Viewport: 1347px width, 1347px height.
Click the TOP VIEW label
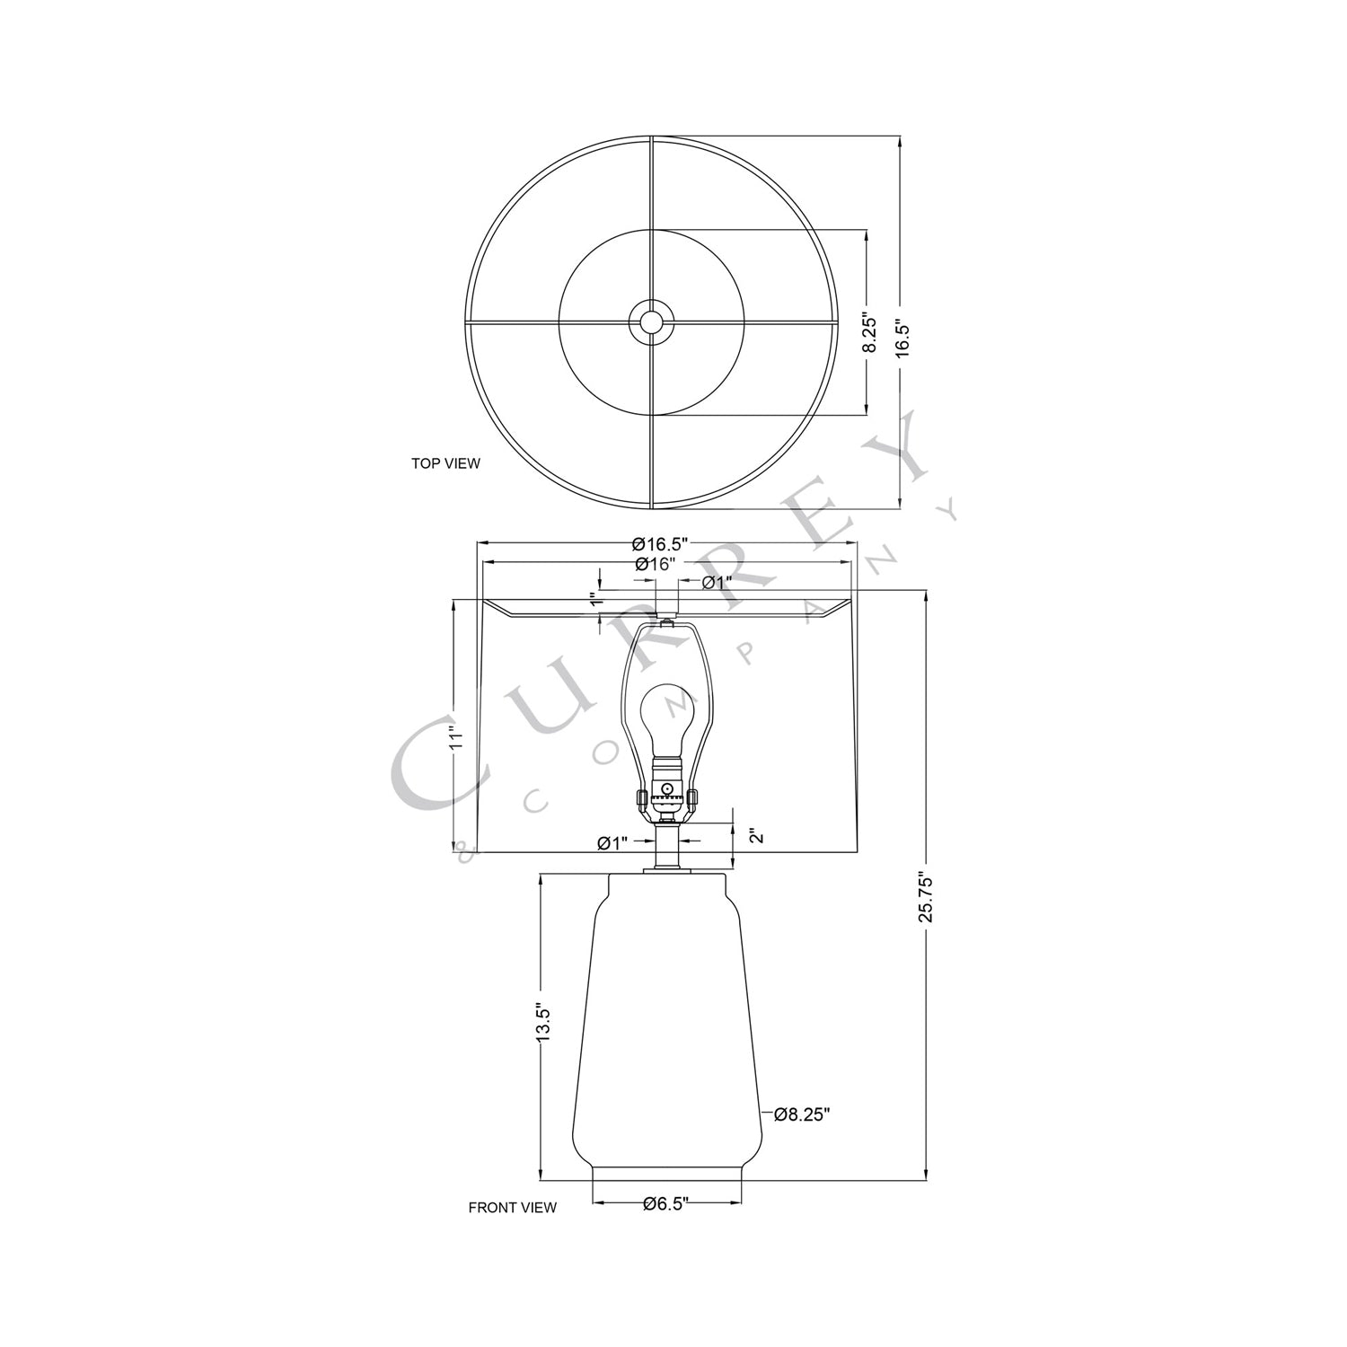tap(445, 464)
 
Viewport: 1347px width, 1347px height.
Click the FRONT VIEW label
tap(512, 1208)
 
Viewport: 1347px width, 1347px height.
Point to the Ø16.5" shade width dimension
tap(659, 543)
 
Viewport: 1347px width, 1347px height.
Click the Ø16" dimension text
tap(655, 565)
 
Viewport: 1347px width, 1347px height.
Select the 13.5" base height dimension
tap(541, 1023)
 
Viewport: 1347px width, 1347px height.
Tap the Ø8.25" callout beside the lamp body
tap(801, 1114)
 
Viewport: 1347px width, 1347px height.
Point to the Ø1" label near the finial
tap(717, 583)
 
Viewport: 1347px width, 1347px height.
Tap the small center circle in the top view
tap(651, 321)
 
